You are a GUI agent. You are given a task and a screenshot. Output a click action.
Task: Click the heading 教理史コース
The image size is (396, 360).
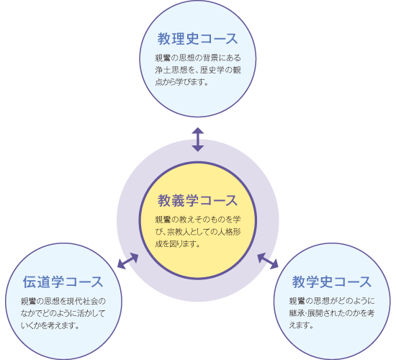pos(197,39)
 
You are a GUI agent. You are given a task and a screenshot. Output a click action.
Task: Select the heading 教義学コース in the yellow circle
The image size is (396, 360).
pos(197,201)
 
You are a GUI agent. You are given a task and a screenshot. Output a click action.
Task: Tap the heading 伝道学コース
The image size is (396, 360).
pos(63,282)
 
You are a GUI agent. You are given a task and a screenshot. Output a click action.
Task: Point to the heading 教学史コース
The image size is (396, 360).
pos(332,282)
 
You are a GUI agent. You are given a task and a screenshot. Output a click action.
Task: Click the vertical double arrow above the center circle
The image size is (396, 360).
pos(198,140)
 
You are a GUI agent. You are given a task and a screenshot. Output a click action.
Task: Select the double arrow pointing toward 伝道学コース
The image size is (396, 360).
pos(127,261)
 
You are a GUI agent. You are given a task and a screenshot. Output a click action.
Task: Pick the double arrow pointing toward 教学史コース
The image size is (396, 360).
pos(268,261)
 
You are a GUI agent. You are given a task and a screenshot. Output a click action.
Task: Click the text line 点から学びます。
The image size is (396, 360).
pos(181,82)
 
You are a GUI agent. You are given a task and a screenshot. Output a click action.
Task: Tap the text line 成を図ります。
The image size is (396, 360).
pos(178,244)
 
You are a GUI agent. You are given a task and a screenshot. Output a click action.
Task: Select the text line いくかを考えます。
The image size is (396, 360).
pos(50,325)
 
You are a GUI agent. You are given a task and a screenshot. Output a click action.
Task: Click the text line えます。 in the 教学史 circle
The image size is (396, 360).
pos(301,325)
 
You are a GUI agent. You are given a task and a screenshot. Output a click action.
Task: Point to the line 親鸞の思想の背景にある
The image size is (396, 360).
pos(198,58)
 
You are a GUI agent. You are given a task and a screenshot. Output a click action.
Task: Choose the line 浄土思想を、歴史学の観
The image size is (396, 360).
pos(198,70)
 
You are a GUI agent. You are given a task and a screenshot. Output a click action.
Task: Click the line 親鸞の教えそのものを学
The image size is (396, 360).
pos(198,220)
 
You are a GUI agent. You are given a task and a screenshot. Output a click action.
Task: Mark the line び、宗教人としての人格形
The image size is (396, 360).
pos(198,232)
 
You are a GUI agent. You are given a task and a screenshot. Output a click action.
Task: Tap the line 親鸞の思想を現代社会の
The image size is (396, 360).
pos(63,301)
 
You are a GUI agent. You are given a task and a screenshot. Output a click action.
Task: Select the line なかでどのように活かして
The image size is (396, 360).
pos(63,313)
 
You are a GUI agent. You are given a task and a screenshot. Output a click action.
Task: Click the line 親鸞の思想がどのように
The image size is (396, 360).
pos(332,301)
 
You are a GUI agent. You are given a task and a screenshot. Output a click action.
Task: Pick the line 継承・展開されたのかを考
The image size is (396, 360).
pos(332,312)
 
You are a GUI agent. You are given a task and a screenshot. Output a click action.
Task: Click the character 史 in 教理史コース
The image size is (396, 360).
pos(193,39)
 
